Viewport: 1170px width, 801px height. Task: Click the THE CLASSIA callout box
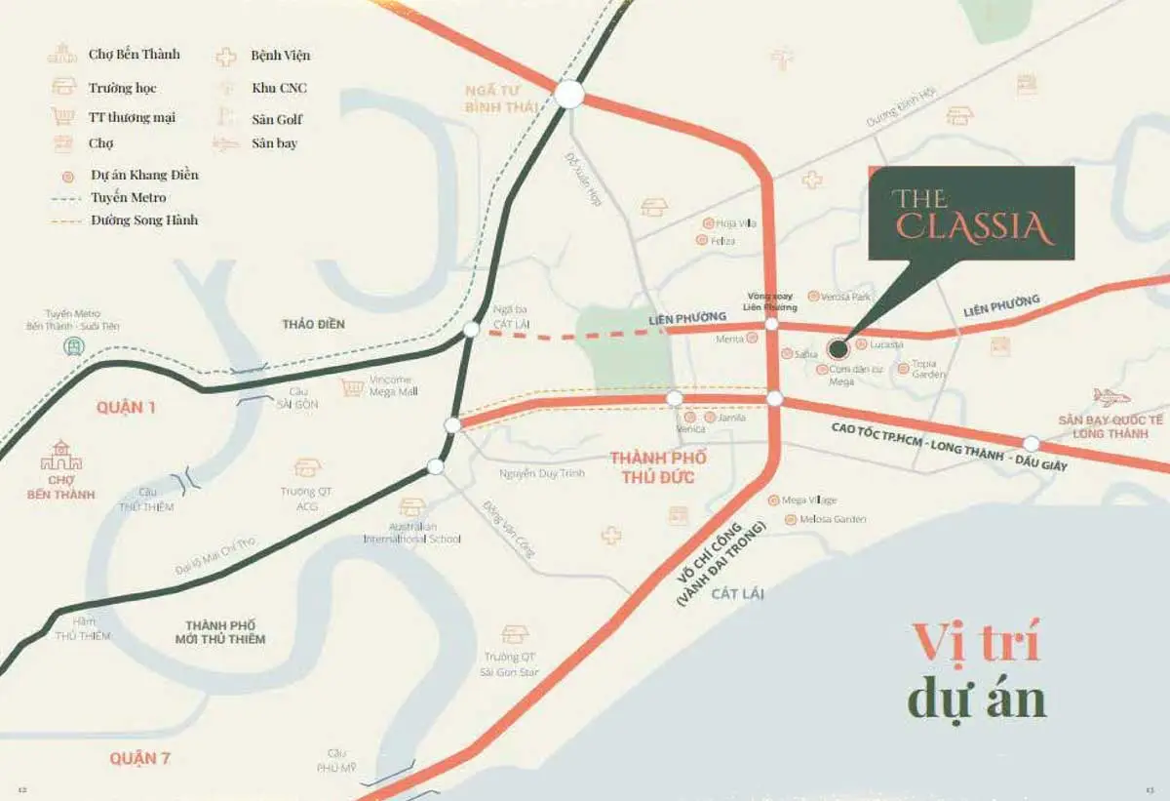(971, 214)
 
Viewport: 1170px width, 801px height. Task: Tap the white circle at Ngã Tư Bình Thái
(569, 94)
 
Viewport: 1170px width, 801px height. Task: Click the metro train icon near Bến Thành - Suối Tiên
(73, 346)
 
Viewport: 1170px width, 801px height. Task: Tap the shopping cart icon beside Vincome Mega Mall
(352, 387)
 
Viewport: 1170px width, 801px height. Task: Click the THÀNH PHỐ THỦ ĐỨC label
(658, 467)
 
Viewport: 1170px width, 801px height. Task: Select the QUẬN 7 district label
(139, 758)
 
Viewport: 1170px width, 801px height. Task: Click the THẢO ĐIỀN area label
(313, 324)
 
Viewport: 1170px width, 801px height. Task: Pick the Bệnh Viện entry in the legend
(280, 56)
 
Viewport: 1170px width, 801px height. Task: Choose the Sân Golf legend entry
(277, 119)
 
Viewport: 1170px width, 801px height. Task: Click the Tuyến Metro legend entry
(128, 198)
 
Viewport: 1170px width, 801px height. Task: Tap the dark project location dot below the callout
(837, 347)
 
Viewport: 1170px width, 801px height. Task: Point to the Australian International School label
(412, 533)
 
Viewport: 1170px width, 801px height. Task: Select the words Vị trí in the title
(976, 643)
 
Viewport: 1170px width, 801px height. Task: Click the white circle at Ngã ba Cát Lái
(471, 330)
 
